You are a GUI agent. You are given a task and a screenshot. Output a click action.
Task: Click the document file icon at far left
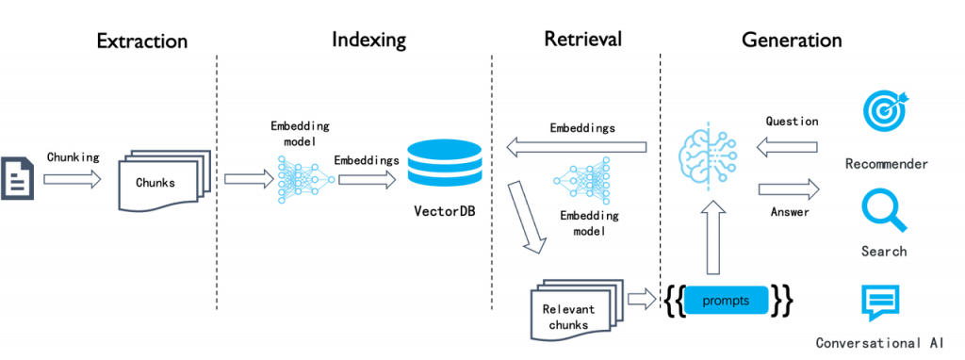(x=17, y=177)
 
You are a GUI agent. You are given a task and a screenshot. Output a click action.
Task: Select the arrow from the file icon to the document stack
(x=72, y=179)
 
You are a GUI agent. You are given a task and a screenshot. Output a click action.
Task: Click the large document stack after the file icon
(x=163, y=179)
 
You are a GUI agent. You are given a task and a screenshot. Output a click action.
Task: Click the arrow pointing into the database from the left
(x=368, y=179)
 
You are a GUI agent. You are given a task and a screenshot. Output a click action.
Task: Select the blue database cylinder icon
(x=444, y=162)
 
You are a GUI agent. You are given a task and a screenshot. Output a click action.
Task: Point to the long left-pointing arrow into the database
(x=577, y=146)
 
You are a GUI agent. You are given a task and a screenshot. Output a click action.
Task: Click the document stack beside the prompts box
(x=578, y=310)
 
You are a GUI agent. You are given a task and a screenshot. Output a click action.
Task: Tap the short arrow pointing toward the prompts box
(x=643, y=300)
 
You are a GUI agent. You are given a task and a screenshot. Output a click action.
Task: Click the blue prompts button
(x=726, y=300)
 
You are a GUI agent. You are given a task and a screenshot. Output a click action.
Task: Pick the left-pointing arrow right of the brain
(x=788, y=146)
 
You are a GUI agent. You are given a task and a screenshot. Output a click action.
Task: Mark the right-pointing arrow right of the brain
(x=788, y=189)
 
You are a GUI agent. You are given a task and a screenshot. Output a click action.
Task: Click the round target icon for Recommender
(x=885, y=106)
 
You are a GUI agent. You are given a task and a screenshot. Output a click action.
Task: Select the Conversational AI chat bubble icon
(x=879, y=303)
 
